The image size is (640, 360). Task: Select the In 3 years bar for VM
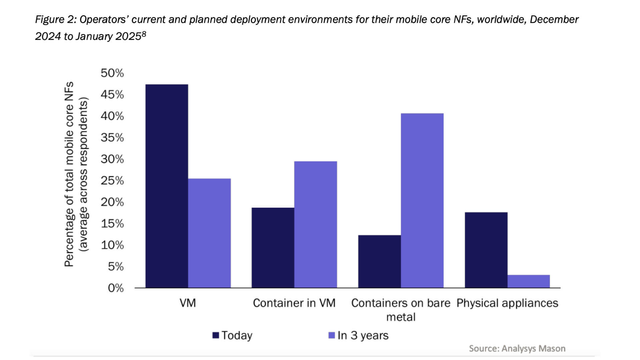pos(209,233)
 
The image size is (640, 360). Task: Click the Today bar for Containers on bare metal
pos(379,261)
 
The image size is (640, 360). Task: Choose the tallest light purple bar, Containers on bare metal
pos(422,200)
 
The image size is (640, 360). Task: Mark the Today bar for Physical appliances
pos(486,250)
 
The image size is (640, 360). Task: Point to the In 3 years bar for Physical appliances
pos(529,281)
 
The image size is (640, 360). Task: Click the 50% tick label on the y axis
pos(112,73)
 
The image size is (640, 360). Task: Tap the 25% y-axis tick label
pos(112,181)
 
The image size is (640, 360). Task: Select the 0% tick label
pos(116,288)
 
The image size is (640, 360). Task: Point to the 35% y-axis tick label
pos(112,138)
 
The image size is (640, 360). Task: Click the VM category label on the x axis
pos(188,303)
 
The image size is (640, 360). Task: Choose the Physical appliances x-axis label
pos(507,303)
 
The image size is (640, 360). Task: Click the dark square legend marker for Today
pos(216,335)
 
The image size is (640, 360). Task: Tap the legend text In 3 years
pos(363,335)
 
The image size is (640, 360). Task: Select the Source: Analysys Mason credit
pos(517,348)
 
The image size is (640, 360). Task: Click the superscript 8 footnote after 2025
pos(144,34)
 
